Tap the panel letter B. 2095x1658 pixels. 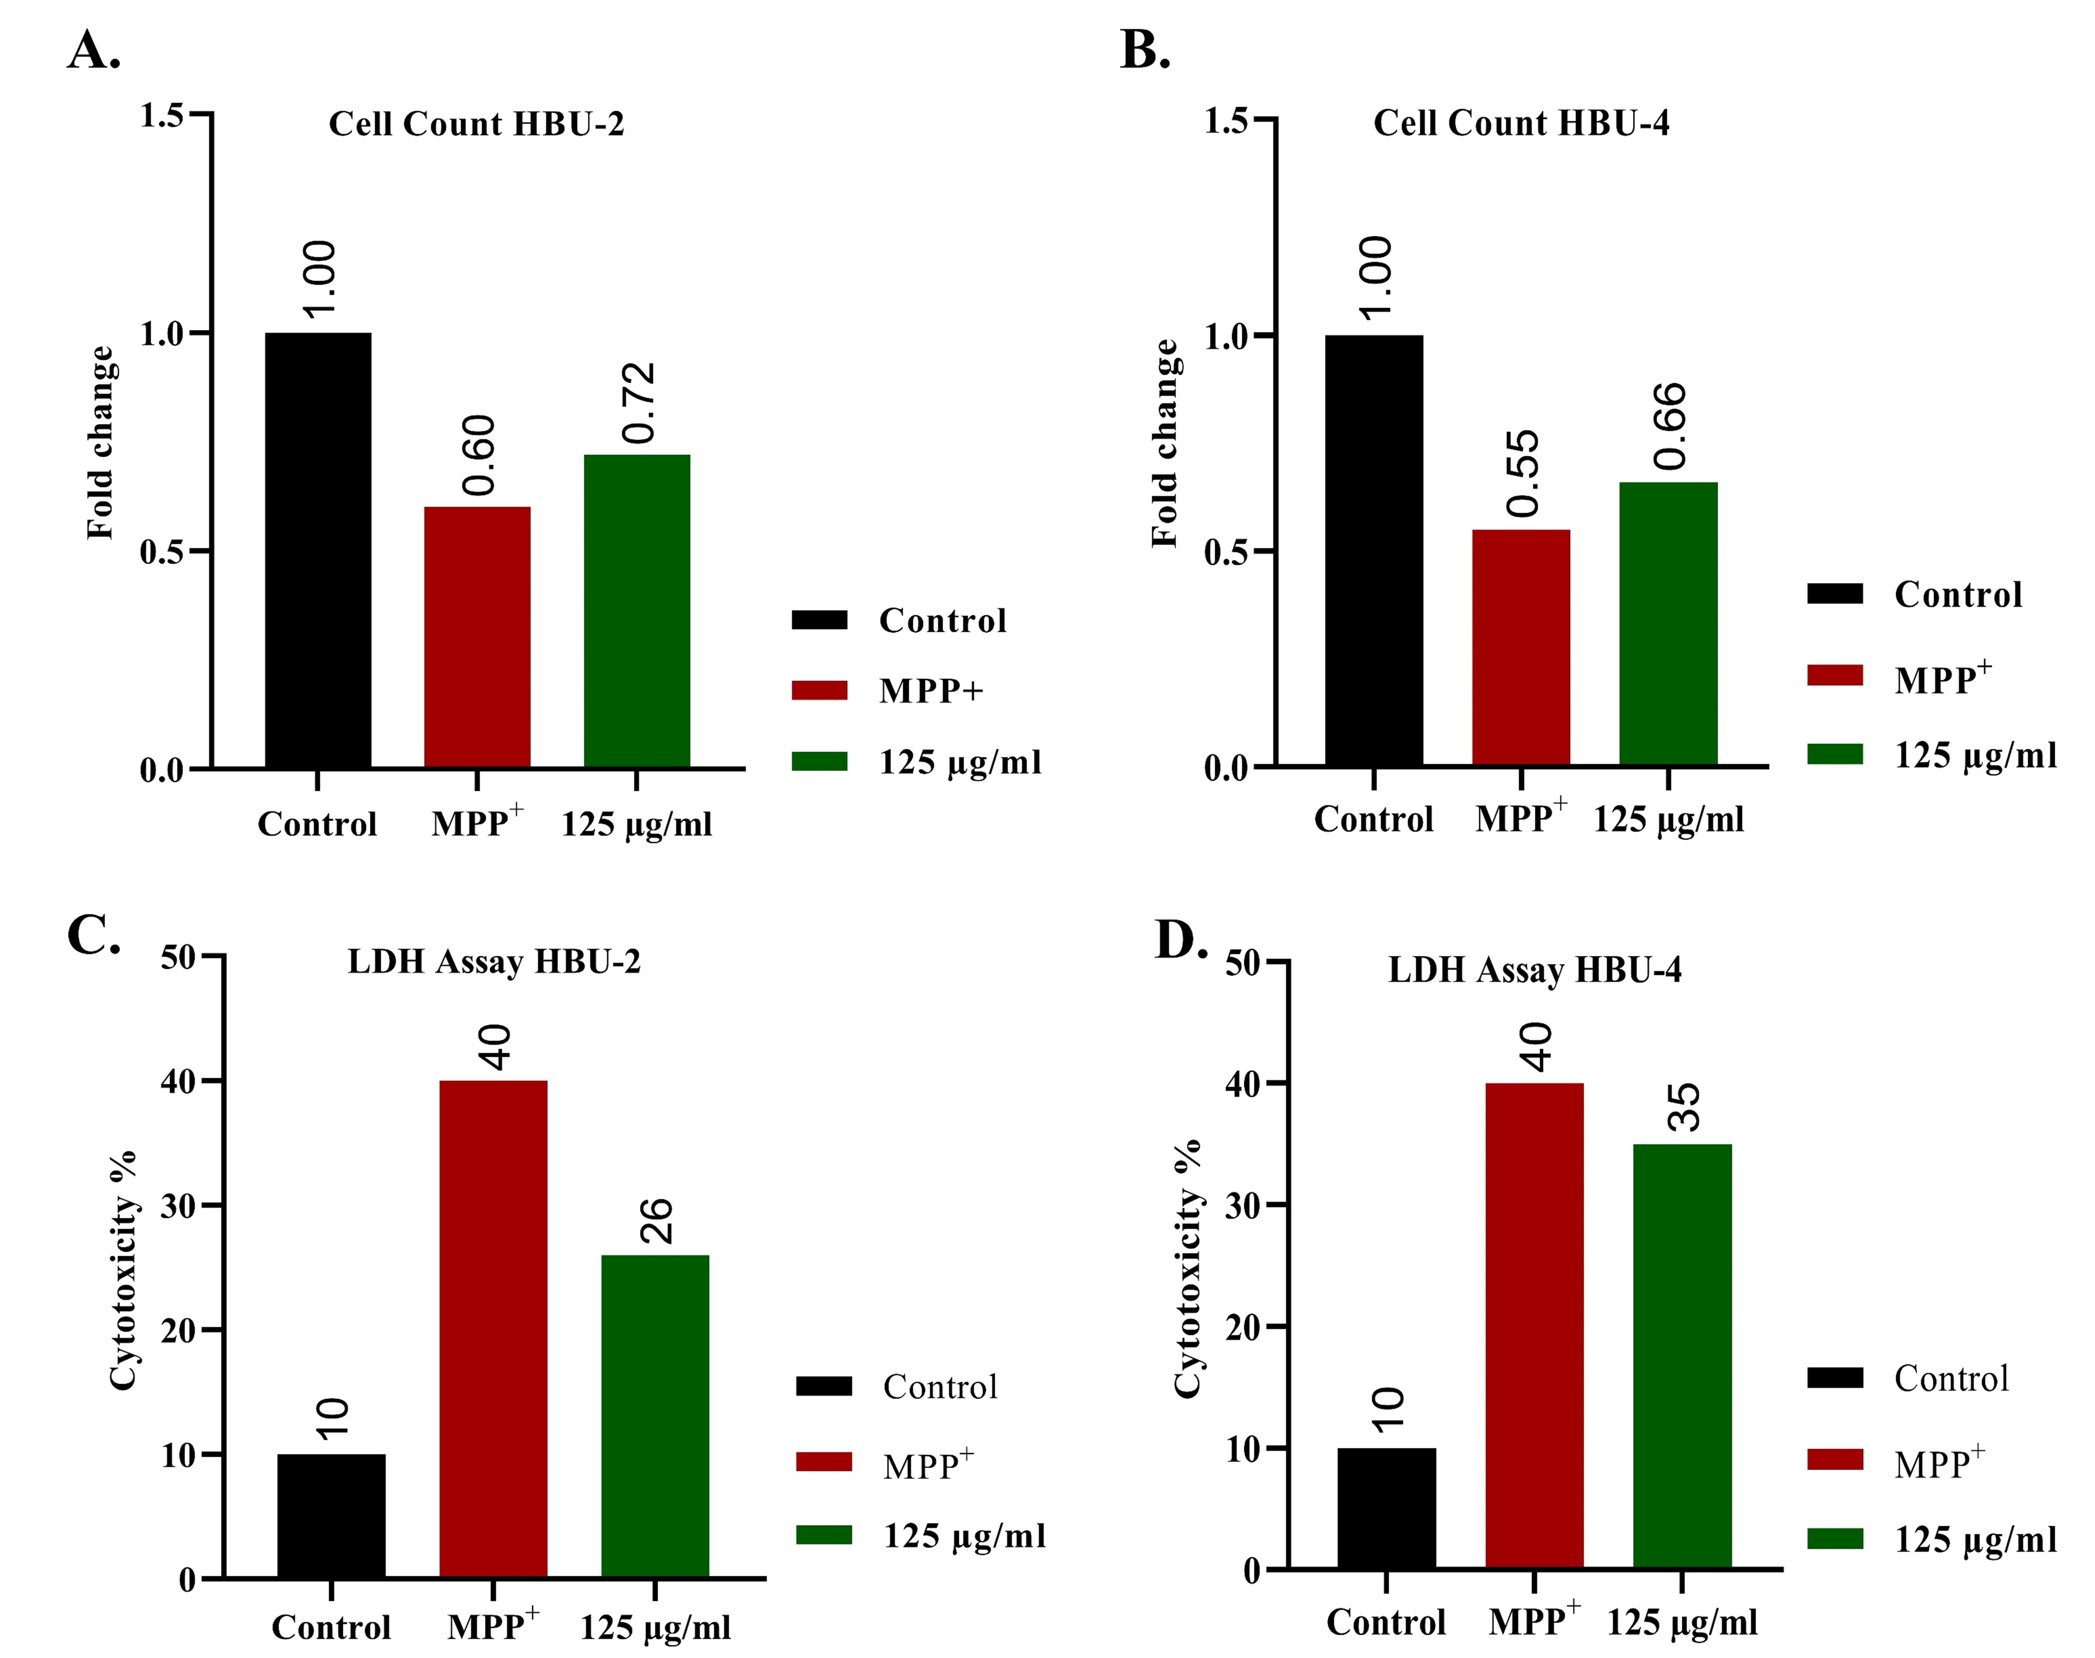point(1145,51)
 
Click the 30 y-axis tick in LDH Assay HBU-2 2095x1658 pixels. point(179,1206)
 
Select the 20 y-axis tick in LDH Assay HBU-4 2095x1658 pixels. point(1244,1327)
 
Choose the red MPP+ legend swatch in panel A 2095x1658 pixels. point(819,690)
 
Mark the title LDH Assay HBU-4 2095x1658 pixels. point(1534,970)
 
